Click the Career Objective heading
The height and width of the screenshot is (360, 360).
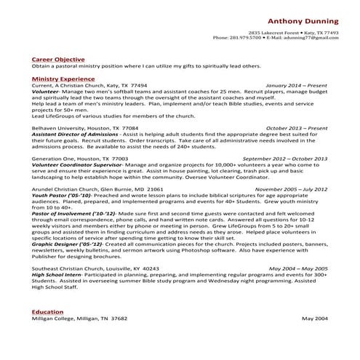58,59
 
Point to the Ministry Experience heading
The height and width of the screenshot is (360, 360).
63,76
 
